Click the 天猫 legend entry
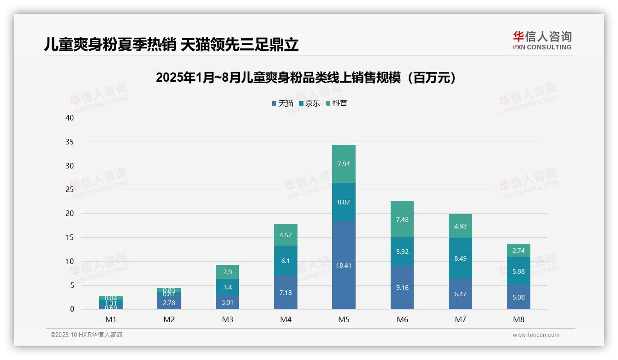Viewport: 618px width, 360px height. pos(283,103)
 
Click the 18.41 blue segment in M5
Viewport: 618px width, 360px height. pos(344,265)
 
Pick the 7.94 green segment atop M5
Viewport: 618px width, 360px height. pos(344,164)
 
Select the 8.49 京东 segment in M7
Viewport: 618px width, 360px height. pos(460,258)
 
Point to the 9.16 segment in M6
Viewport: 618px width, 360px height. pos(402,287)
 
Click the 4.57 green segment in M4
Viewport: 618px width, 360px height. pos(285,235)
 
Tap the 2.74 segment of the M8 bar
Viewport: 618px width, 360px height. pos(518,251)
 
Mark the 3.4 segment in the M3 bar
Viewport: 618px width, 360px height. pos(227,287)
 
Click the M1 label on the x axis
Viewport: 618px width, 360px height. pos(111,319)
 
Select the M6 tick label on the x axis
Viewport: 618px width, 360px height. pos(402,319)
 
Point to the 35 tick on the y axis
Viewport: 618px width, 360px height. pos(70,142)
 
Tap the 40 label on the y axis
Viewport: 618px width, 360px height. pos(70,118)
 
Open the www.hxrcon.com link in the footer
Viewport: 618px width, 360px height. pos(536,335)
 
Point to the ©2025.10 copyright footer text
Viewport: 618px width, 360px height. pos(86,335)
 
